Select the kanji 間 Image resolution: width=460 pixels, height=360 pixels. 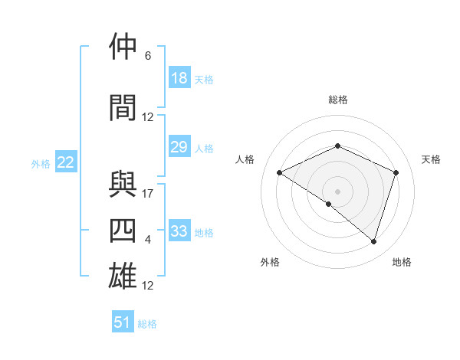coord(123,107)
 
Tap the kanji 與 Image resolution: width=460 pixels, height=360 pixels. coord(123,185)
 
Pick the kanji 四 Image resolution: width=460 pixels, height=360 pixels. coord(123,231)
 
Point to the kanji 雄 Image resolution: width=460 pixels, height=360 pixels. coord(123,277)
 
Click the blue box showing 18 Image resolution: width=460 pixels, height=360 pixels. coord(179,78)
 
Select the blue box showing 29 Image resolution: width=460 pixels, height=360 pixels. coord(179,147)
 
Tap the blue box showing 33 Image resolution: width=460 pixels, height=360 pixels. coord(179,231)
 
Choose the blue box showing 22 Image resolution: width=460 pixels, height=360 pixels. coord(66,162)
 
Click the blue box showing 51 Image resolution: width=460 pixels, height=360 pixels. coord(123,322)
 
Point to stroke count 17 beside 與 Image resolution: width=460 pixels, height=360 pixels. coord(148,194)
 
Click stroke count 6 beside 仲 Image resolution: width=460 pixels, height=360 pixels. coord(148,56)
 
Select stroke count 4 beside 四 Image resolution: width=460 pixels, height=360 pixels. coord(148,240)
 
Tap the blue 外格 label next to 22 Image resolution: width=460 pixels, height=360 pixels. coord(41,163)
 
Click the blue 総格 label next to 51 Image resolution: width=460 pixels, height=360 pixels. coord(147,323)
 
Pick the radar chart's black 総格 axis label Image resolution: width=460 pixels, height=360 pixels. coord(337,100)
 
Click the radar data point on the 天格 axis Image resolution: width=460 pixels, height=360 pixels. coord(396,172)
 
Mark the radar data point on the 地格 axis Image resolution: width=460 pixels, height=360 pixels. coord(373,241)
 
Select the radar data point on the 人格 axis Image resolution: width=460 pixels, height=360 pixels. coord(280,172)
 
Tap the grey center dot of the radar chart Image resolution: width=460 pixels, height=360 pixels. coord(337,191)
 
